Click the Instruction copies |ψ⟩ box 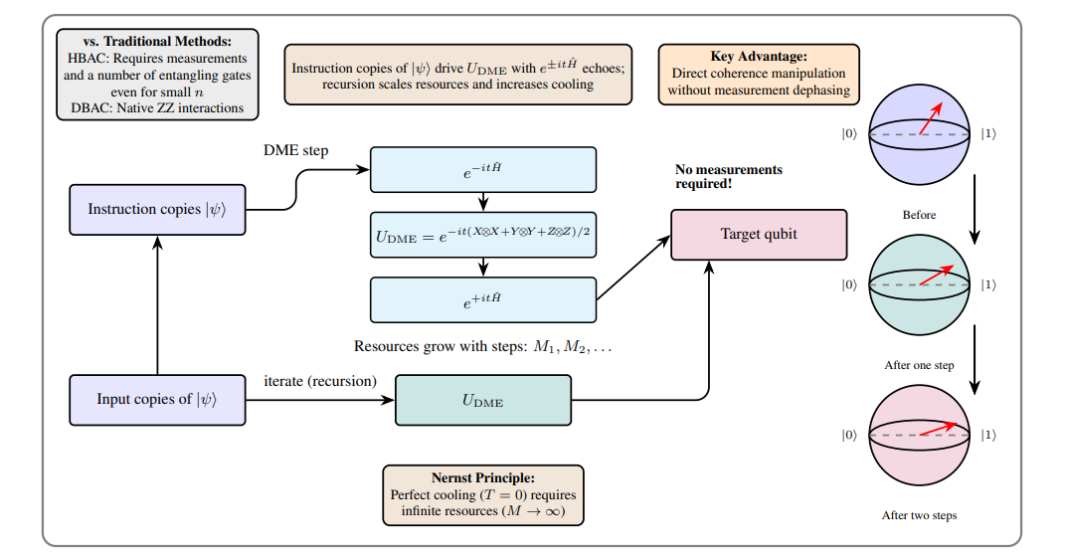(157, 209)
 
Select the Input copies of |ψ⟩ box (157, 399)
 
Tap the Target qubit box (759, 235)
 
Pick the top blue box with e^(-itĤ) (482, 170)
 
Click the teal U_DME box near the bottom (482, 400)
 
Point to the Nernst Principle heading (482, 478)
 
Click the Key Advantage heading (758, 57)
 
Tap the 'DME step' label (295, 150)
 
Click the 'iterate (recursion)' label (320, 381)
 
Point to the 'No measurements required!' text (728, 176)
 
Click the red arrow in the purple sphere (931, 118)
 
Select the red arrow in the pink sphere (943, 430)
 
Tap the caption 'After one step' (919, 365)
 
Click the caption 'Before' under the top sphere (919, 215)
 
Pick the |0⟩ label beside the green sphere (849, 284)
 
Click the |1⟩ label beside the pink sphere (989, 435)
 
